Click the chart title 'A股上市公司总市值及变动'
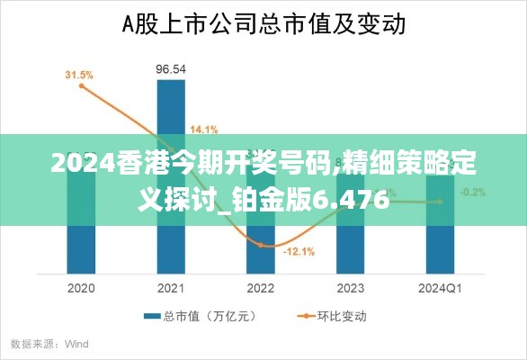click(263, 23)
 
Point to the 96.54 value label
click(171, 68)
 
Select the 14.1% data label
click(204, 129)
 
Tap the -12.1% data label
click(299, 252)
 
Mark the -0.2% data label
click(473, 192)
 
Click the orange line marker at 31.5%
click(81, 86)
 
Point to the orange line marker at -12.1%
click(261, 245)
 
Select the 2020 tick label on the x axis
click(81, 288)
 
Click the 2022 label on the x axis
click(260, 288)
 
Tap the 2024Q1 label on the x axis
click(440, 288)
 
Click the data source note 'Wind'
click(76, 344)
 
